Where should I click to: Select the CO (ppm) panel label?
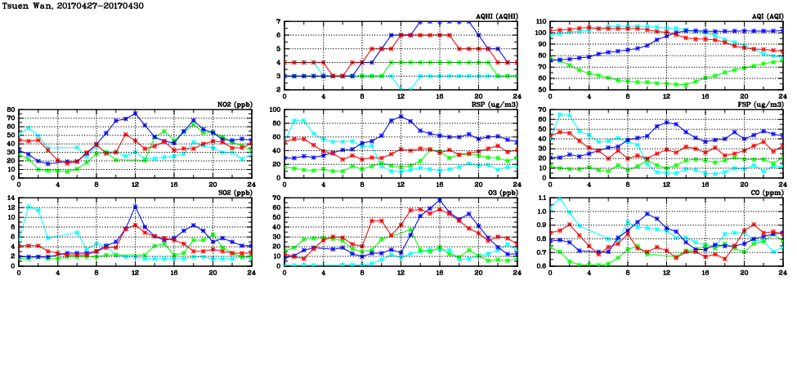[x=766, y=192]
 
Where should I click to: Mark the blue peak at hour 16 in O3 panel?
[x=439, y=200]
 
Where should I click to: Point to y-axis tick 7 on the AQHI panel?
[x=278, y=22]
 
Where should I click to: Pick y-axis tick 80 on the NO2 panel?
[x=11, y=109]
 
